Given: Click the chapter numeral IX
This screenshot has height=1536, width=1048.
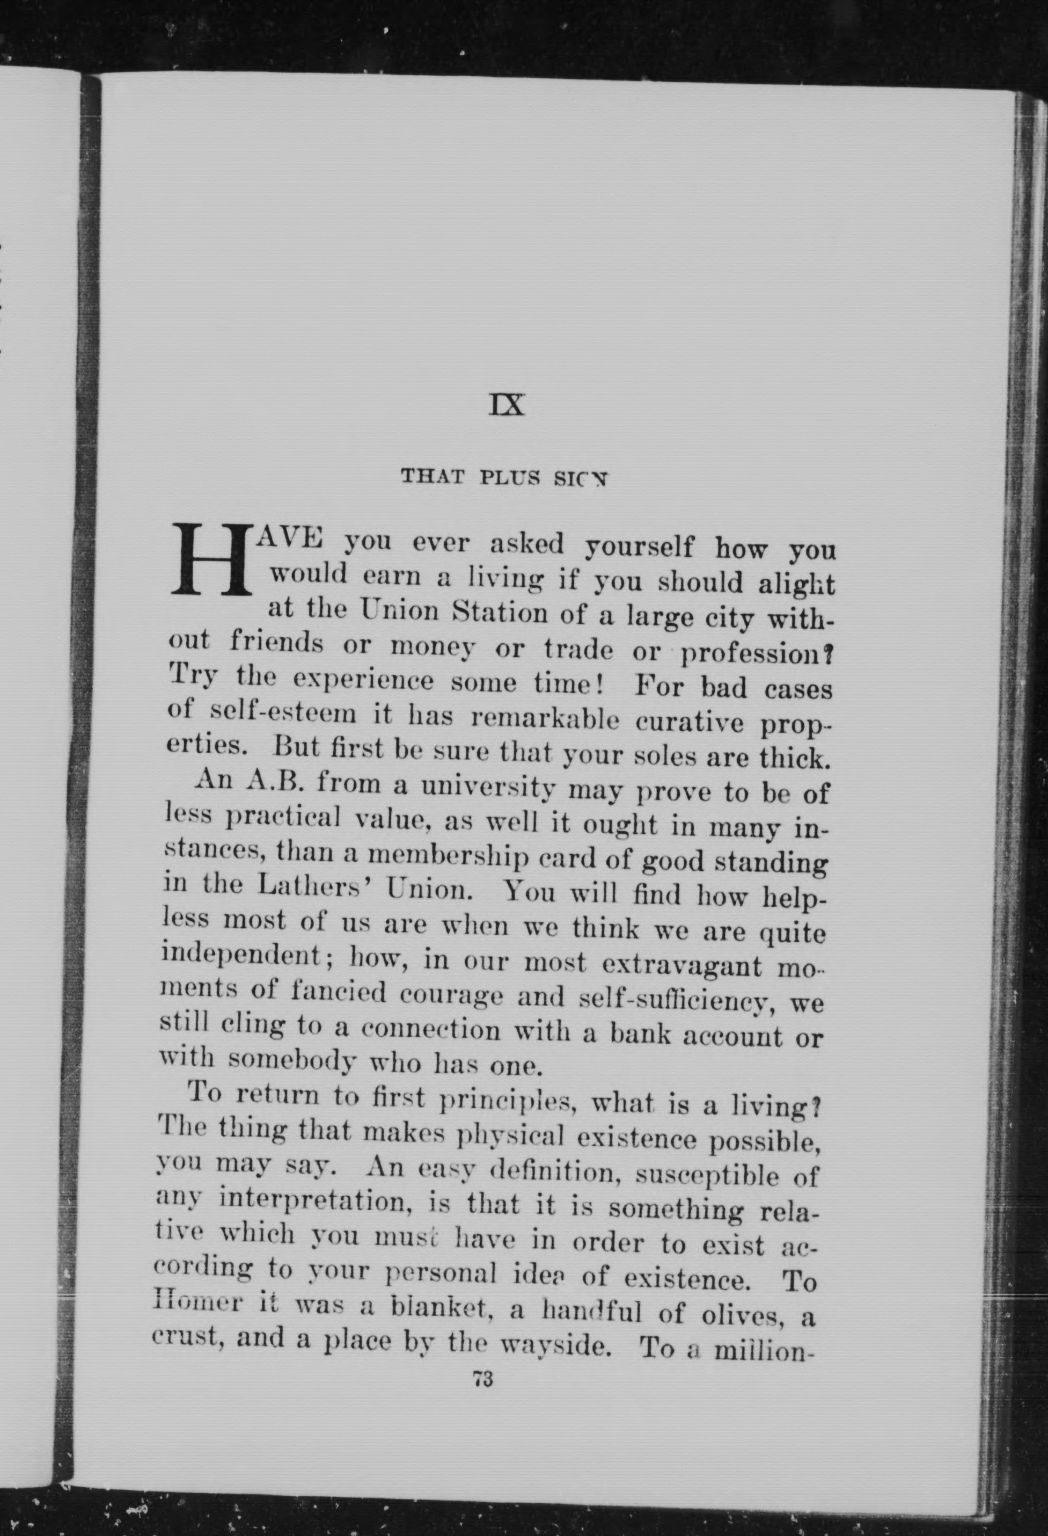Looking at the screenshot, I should [507, 404].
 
